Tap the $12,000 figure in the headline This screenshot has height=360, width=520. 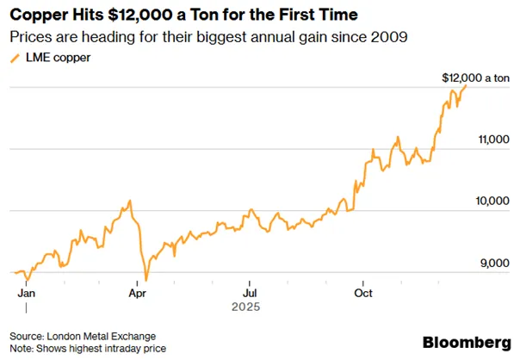[140, 15]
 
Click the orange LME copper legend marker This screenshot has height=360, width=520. [15, 59]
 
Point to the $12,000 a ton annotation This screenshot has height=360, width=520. [475, 78]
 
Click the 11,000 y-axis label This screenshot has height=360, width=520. [494, 140]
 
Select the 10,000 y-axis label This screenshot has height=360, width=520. [492, 201]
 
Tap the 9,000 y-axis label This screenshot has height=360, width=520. [495, 264]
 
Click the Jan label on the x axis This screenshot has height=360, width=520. [26, 294]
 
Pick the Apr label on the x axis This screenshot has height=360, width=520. [137, 294]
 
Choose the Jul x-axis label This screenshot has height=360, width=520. [250, 294]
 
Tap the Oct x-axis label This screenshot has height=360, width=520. [363, 294]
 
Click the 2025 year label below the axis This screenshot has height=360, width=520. [245, 307]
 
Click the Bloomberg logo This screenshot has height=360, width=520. [467, 342]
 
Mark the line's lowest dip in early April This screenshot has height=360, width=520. [146, 281]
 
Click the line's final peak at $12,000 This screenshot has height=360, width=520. [466, 85]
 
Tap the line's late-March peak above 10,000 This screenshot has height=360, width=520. [130, 201]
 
